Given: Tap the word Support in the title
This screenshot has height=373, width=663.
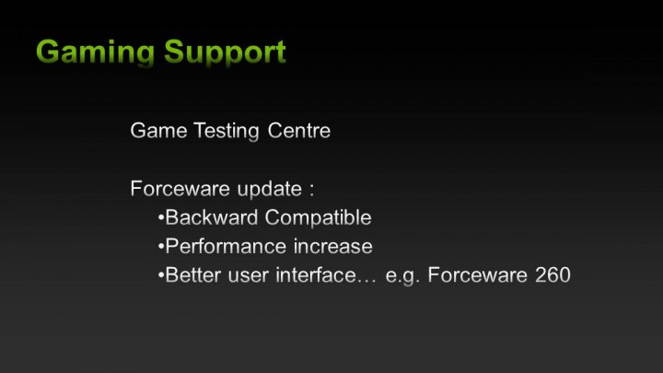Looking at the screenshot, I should [226, 52].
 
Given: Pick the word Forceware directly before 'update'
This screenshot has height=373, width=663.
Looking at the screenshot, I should [180, 189].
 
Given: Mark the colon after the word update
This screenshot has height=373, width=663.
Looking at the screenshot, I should [312, 191].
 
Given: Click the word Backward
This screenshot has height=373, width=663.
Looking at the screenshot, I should [211, 218].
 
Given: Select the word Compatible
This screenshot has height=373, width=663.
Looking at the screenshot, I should [319, 219].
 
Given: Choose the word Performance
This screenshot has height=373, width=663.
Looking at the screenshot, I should [224, 247].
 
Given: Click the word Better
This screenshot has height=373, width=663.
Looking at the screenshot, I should [191, 275].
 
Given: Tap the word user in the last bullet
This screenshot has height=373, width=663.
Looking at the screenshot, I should [243, 276].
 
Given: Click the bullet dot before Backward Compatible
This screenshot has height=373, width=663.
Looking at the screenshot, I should [160, 219].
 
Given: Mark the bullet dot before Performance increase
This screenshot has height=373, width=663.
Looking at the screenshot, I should [160, 248].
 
